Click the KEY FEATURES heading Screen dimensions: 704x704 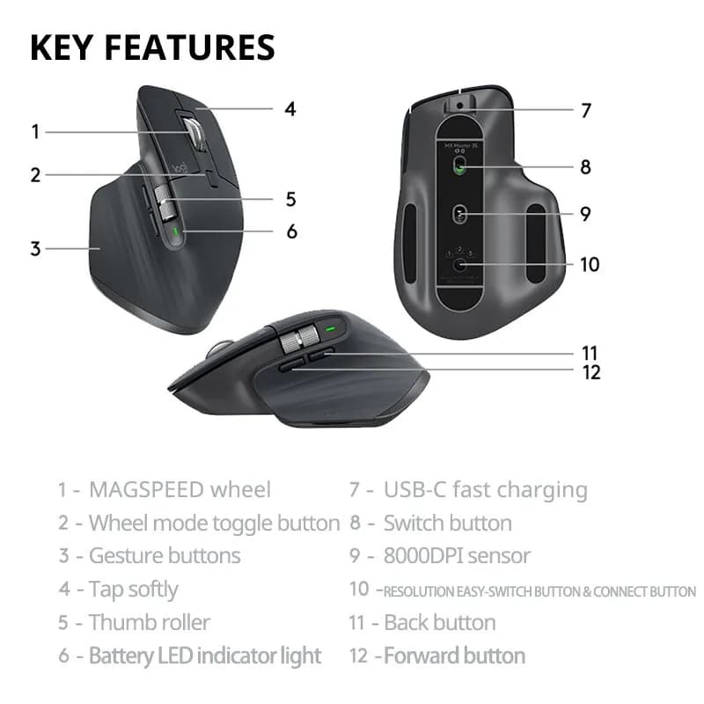point(152,47)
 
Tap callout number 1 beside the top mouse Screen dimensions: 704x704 point(35,132)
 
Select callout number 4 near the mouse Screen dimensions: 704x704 point(290,110)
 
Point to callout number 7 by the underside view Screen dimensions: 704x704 point(586,111)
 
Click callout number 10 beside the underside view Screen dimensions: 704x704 point(589,263)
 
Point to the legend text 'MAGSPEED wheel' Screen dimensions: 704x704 point(180,490)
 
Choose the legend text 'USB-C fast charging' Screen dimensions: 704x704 point(485,490)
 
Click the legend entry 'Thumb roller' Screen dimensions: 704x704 point(149,622)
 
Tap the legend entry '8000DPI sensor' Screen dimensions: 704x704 point(457,556)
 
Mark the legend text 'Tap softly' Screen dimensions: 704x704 point(133,590)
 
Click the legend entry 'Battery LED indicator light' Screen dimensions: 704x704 point(204,656)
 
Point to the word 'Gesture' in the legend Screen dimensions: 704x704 point(121,556)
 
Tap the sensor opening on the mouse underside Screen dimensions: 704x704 point(460,214)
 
